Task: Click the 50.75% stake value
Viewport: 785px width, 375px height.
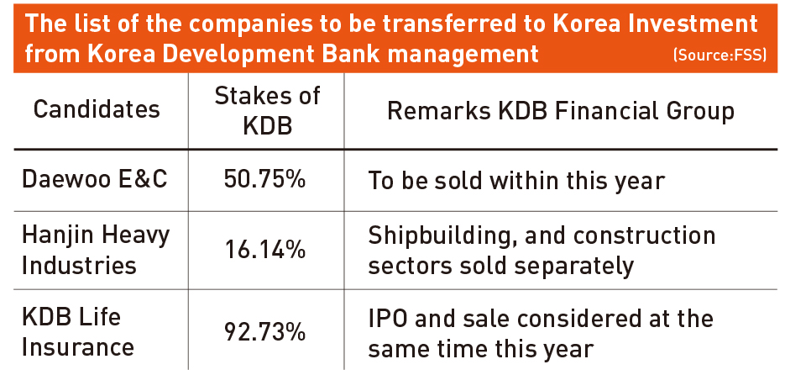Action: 264,180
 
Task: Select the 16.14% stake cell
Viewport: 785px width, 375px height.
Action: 264,251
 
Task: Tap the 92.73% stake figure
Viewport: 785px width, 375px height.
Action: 264,332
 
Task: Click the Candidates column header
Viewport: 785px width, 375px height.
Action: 97,109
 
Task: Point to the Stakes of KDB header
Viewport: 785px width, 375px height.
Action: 267,111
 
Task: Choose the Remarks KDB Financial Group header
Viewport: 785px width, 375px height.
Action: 561,111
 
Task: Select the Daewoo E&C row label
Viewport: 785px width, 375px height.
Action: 95,180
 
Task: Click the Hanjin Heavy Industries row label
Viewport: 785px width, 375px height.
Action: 96,251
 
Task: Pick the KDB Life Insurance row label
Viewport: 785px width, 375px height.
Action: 78,332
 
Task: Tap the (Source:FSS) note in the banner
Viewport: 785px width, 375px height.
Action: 720,55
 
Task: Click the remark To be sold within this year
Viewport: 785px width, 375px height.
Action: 516,181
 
